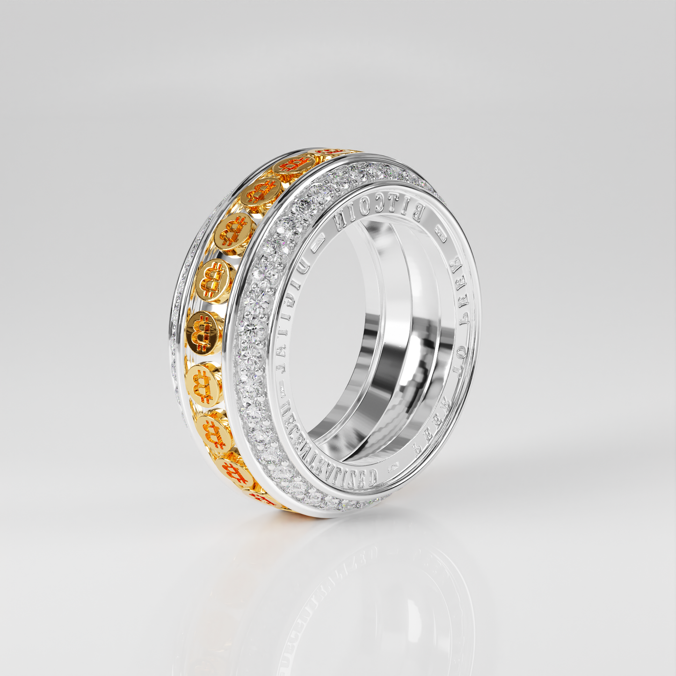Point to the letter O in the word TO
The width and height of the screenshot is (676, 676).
459,369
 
